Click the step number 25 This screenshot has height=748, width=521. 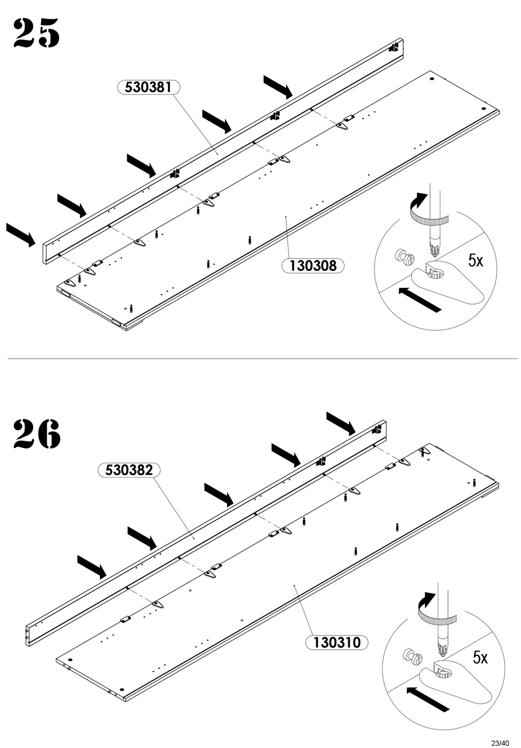[36, 33]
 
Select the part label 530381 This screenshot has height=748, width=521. [148, 87]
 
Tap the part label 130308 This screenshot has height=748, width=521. [313, 266]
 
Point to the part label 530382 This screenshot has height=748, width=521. [128, 470]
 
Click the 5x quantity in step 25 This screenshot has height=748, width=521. [475, 260]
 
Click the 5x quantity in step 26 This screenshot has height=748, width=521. [480, 658]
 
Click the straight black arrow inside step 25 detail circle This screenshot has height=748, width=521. [420, 299]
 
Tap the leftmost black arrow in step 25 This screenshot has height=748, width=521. [21, 235]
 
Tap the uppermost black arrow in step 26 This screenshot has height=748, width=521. [341, 423]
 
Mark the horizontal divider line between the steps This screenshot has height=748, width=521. [263, 359]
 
